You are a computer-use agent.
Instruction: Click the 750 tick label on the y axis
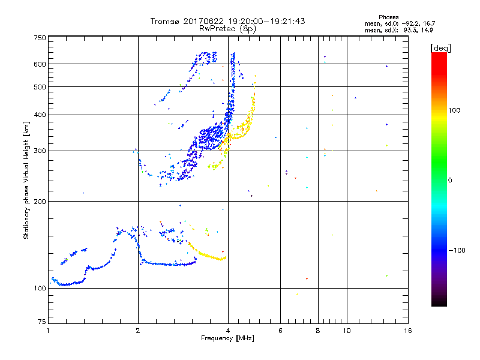40,38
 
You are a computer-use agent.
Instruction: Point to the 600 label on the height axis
40,64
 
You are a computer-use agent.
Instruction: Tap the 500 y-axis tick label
40,87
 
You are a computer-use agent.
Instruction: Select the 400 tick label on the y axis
40,115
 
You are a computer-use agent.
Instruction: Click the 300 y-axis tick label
40,151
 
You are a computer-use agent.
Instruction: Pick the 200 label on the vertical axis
40,201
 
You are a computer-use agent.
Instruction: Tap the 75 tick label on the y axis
41,322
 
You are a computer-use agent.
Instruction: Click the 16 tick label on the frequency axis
407,331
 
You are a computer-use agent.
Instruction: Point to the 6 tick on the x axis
280,331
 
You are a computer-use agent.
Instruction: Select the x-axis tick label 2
138,331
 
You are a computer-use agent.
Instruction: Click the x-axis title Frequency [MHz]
227,339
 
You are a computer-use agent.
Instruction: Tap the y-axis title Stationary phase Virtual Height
26,180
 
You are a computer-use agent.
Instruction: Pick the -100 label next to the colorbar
457,250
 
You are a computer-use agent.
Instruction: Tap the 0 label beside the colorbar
451,180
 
